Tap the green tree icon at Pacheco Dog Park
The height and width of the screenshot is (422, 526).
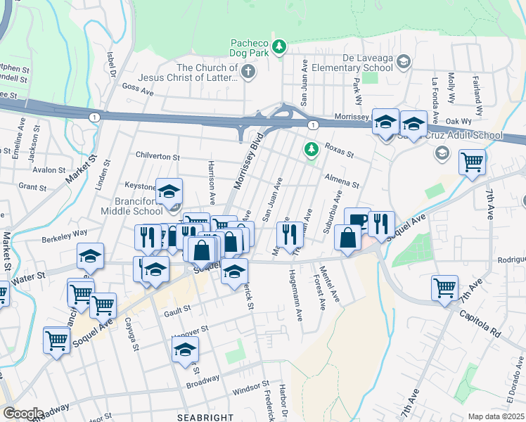click(280, 46)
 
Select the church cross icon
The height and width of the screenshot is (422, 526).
click(248, 72)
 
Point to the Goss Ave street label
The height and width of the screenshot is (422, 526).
click(137, 91)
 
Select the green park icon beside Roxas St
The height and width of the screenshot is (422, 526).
click(309, 149)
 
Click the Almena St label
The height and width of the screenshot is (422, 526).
click(342, 180)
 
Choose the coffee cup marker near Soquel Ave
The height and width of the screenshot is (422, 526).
click(357, 219)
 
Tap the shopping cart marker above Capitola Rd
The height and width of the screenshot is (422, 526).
click(445, 287)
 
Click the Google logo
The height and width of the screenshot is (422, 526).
click(23, 414)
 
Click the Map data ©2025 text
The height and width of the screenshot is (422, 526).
click(496, 416)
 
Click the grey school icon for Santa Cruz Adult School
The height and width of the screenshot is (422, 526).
click(442, 153)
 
